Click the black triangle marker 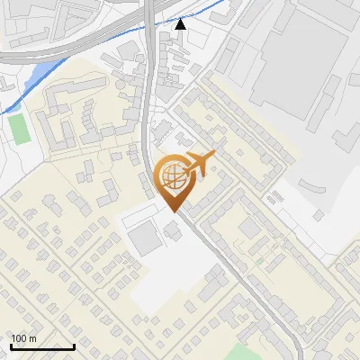pos(181,24)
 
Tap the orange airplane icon pos(199,164)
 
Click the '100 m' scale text pos(24,338)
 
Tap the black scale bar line pos(41,346)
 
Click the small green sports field pos(18,127)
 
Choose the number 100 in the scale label pos(19,338)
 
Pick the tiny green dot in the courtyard pos(259,262)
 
